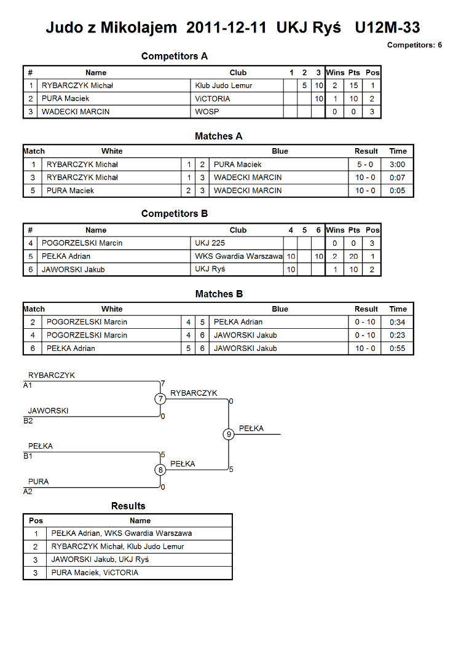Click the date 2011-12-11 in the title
tap(226, 28)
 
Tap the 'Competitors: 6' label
tap(414, 45)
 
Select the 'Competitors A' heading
tap(175, 56)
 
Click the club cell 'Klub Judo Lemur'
tap(224, 85)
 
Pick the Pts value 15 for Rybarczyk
tap(354, 85)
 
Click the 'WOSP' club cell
tap(207, 111)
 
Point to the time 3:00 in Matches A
tap(398, 164)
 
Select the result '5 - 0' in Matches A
tap(365, 164)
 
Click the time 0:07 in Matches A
tap(398, 177)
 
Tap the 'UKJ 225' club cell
tap(210, 243)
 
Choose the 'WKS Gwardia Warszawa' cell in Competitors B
tap(238, 256)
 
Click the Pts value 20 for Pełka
tap(354, 256)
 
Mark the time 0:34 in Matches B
tap(398, 322)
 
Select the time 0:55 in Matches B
tap(398, 348)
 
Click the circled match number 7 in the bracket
tap(160, 399)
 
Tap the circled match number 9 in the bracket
tap(229, 434)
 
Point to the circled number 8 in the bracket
tap(160, 470)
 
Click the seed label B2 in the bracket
tap(28, 420)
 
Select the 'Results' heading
tap(128, 506)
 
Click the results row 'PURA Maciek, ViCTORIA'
tap(95, 572)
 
